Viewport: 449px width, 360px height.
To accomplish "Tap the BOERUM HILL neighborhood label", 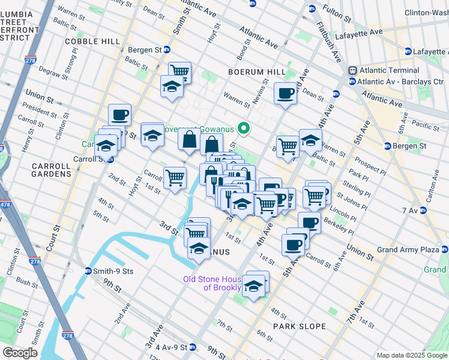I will click(256, 72).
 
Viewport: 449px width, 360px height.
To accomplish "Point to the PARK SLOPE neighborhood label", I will click(299, 326).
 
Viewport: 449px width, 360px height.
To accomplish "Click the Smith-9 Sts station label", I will click(112, 271).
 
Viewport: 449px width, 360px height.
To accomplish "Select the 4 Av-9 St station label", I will click(170, 347).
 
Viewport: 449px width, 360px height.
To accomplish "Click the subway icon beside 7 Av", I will click(423, 211).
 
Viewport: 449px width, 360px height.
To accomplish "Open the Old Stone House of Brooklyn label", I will click(213, 283).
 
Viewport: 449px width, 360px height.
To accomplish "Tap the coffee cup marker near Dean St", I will click(285, 93).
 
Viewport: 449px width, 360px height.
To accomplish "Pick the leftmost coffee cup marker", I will click(119, 114).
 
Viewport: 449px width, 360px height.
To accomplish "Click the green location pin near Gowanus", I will click(244, 128).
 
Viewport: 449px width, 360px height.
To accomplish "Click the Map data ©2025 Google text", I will click(411, 355).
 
